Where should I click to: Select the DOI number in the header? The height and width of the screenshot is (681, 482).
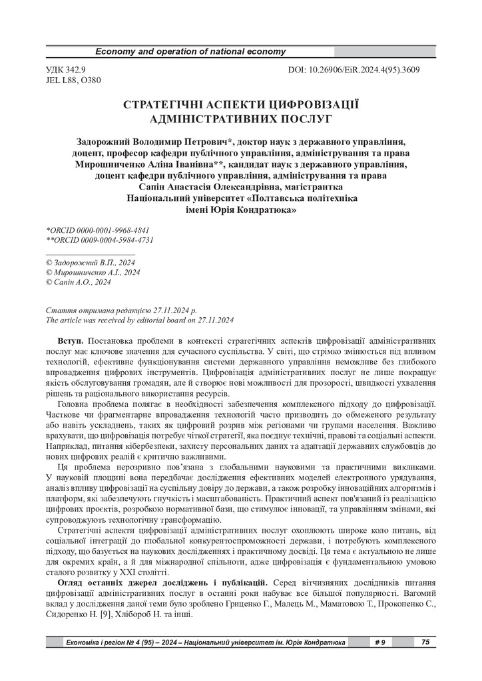[353, 70]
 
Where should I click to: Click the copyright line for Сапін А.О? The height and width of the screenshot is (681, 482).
[78, 282]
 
